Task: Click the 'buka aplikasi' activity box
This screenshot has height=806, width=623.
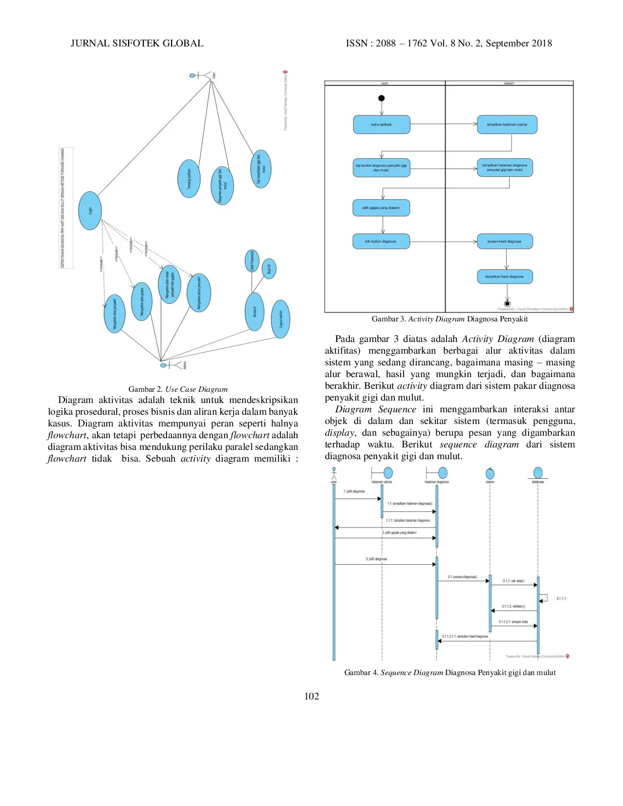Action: pos(381,125)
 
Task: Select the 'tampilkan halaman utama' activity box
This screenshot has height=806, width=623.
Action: pos(507,125)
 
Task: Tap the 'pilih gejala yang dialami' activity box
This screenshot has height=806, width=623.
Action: pos(381,208)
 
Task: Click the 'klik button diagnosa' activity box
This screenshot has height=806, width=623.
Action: pos(381,241)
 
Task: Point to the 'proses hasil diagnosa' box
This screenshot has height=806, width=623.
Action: pos(505,241)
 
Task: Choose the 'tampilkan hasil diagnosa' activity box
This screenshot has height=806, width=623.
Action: pos(505,276)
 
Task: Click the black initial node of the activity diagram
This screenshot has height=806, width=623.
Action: pos(382,98)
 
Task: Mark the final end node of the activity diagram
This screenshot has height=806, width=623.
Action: pos(507,304)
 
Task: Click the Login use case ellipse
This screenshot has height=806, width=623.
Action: pos(90,211)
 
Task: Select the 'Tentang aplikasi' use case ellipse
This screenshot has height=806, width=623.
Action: pos(189,179)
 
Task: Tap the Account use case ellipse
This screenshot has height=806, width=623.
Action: pos(254,312)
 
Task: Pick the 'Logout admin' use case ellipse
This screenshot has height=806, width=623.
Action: pos(280,319)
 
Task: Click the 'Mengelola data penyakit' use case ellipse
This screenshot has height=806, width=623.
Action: pos(114,314)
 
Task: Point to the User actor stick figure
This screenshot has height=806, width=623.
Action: pos(200,75)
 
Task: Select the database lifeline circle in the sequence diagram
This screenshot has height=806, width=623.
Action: pos(538,473)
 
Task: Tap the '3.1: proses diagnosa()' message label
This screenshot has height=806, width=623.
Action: pos(462,577)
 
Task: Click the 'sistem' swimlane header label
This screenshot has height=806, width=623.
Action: pos(509,84)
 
